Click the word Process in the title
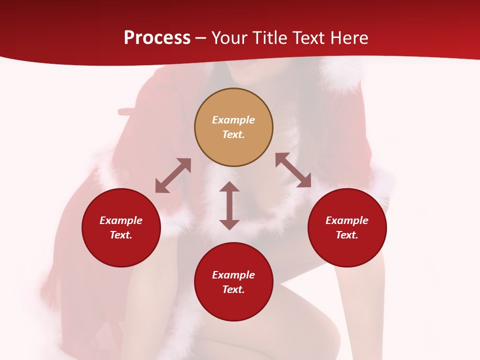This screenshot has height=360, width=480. (x=157, y=38)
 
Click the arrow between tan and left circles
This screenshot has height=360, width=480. (x=173, y=175)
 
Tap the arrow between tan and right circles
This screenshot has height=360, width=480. (x=293, y=170)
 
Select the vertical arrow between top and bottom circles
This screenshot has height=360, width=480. (x=229, y=205)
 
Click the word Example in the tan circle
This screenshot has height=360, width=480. (x=233, y=120)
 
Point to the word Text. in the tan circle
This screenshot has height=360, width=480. (x=233, y=134)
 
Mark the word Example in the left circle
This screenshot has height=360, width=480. (x=121, y=220)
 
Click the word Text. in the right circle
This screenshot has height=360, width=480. (x=347, y=235)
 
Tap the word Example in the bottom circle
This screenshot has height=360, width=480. (x=233, y=275)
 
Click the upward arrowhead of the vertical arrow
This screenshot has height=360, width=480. (x=229, y=187)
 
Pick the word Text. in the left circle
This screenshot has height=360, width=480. (x=121, y=235)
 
